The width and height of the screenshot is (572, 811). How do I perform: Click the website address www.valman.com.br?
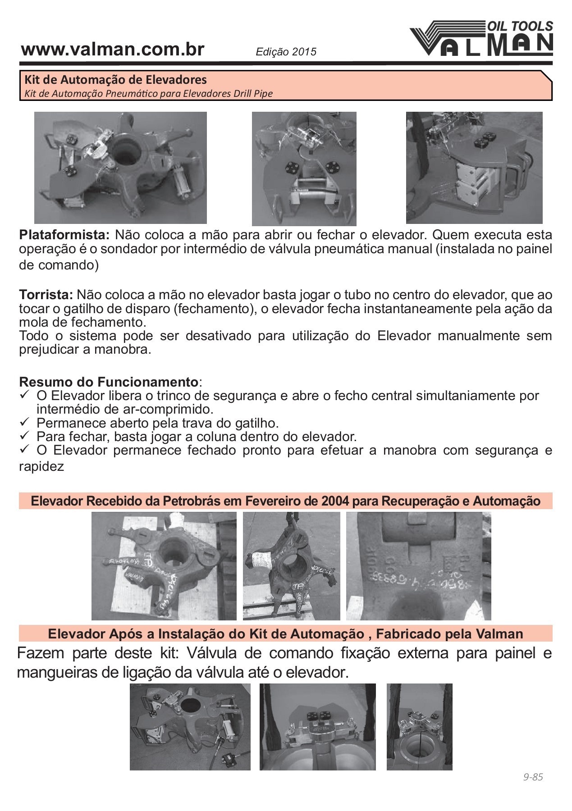tap(113, 50)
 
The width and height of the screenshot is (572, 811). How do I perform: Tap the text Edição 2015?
tap(286, 52)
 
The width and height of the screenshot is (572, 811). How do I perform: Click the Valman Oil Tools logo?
tap(481, 39)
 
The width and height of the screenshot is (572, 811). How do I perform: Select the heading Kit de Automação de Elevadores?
tap(115, 80)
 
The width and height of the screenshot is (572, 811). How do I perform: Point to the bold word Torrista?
tap(46, 295)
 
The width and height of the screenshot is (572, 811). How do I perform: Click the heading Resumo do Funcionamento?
tap(108, 382)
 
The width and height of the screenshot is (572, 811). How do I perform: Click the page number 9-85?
tap(533, 777)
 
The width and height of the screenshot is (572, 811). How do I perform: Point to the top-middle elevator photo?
tap(304, 169)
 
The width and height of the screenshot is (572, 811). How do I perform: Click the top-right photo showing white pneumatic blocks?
tap(474, 168)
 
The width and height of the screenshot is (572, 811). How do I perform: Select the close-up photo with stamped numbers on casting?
tap(418, 566)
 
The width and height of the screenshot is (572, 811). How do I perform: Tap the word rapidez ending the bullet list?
tap(41, 466)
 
